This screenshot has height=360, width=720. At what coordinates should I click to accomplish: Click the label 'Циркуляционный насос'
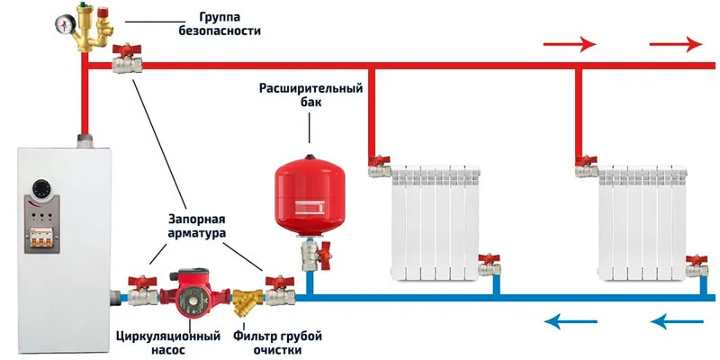pyautogui.click(x=168, y=344)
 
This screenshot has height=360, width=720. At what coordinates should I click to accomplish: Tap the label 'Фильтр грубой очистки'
pyautogui.click(x=277, y=344)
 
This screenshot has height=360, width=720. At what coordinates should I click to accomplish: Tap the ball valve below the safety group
pyautogui.click(x=123, y=63)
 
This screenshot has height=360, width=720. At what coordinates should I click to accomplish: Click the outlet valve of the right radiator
pyautogui.click(x=696, y=266)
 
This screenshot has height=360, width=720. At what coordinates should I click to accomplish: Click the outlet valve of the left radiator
pyautogui.click(x=489, y=266)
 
